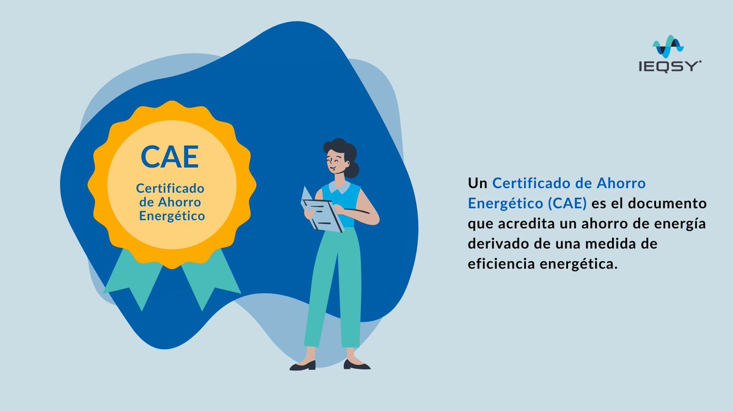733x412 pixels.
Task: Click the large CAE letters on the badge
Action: (170, 156)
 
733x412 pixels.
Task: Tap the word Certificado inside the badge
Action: (170, 189)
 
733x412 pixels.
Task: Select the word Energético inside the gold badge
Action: (172, 216)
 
